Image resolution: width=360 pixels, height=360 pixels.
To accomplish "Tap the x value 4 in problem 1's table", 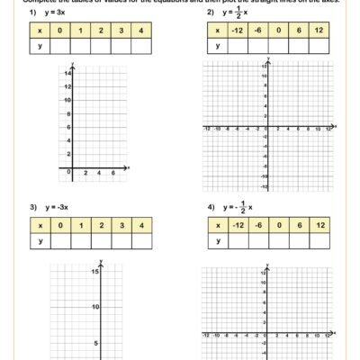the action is pyautogui.click(x=141, y=31).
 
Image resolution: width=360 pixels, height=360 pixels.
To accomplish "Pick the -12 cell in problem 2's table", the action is pyautogui.click(x=236, y=31).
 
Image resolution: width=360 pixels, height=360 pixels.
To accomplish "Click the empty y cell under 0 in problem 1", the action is pyautogui.click(x=60, y=47).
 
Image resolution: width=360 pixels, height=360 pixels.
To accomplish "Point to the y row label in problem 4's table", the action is pyautogui.click(x=216, y=240).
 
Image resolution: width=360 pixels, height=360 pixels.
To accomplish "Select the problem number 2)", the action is pyautogui.click(x=210, y=13).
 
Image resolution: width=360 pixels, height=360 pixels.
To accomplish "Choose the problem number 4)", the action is pyautogui.click(x=210, y=206).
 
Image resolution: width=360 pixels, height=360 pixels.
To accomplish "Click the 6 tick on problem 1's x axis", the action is pyautogui.click(x=112, y=172).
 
